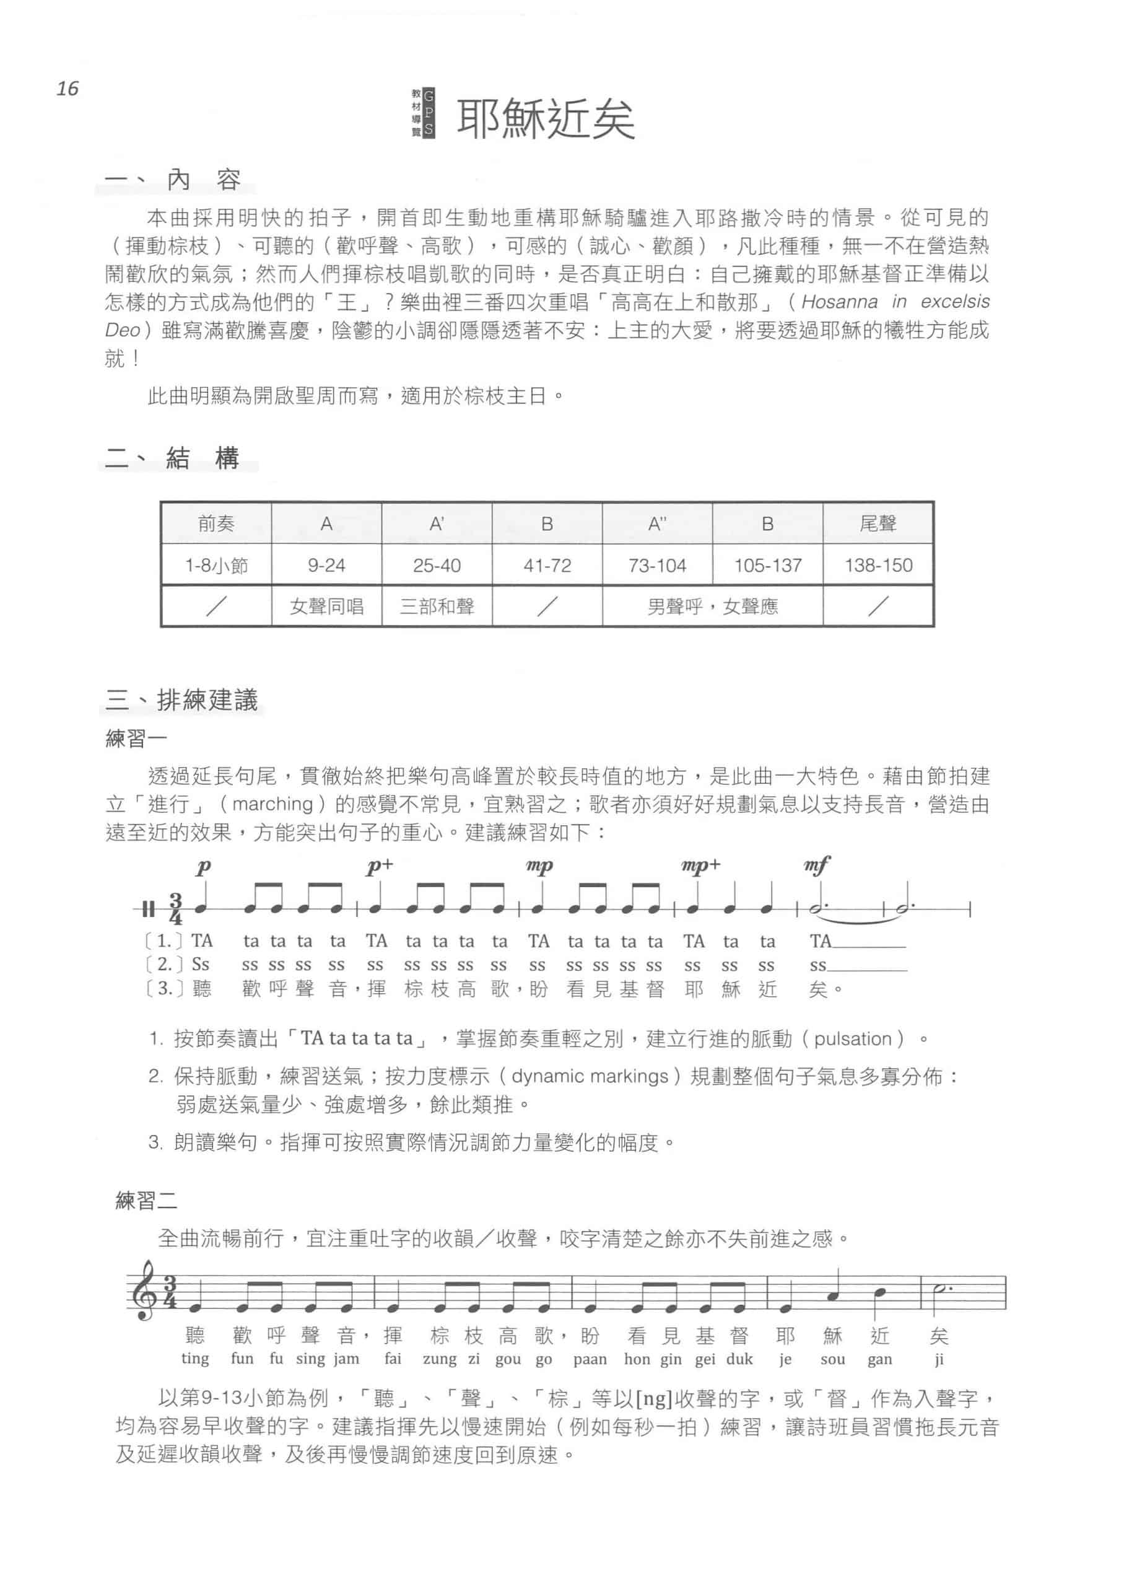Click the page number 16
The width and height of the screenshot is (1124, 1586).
(x=68, y=89)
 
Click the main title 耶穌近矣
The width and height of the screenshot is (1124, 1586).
(x=546, y=119)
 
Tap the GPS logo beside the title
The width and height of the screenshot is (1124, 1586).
(x=424, y=112)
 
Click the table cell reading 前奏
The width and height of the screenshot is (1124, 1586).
(x=216, y=524)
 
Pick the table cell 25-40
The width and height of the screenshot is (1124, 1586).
(x=437, y=566)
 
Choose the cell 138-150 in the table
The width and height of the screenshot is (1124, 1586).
(x=878, y=566)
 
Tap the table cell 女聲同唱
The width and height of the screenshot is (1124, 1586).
(x=327, y=607)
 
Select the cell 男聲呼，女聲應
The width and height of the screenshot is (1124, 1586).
(x=712, y=607)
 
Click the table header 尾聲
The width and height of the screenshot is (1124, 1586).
(x=878, y=524)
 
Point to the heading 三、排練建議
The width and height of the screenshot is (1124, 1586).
(x=182, y=700)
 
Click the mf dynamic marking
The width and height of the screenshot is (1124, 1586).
(x=817, y=865)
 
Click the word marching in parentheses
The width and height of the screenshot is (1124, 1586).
(x=272, y=804)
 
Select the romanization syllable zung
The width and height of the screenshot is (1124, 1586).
(x=439, y=1359)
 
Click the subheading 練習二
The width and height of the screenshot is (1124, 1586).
(x=146, y=1201)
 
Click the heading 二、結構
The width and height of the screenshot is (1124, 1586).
(x=172, y=458)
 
